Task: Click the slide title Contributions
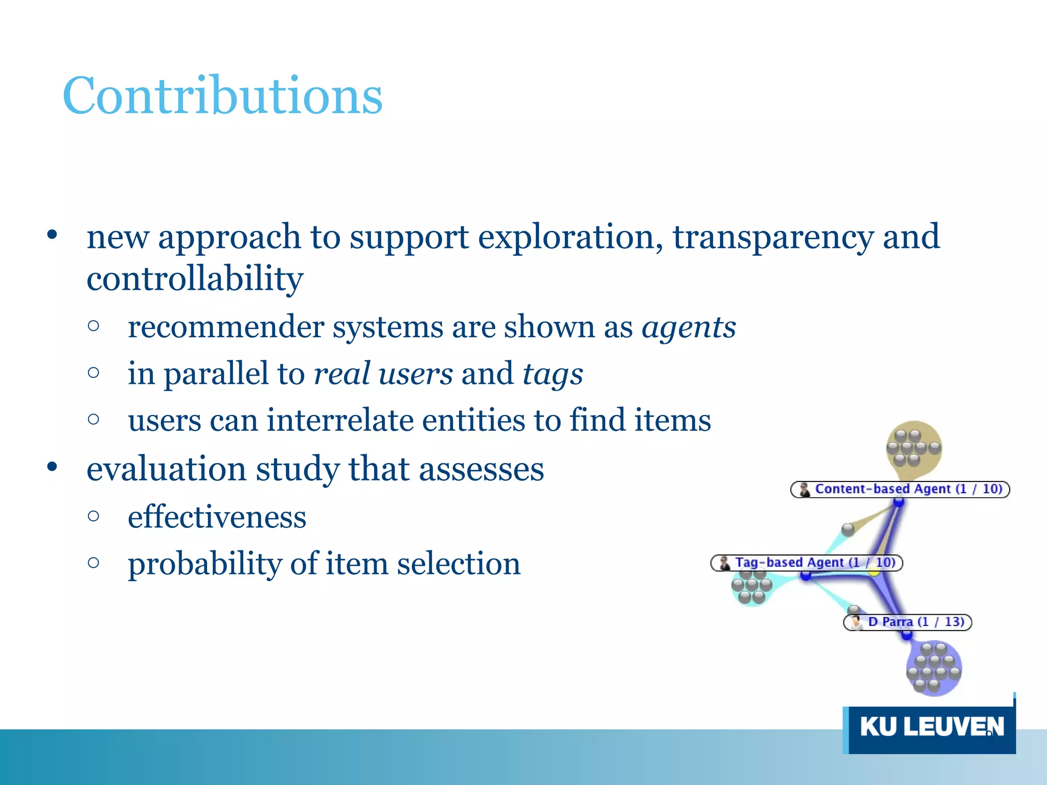tap(222, 96)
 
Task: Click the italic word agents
tap(689, 327)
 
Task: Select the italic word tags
tap(552, 374)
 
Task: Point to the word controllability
tap(195, 279)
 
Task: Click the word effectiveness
tap(217, 517)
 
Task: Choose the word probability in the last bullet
tap(204, 564)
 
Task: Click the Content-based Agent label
tap(900, 489)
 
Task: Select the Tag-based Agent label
tap(806, 563)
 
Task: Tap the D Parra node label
tap(907, 622)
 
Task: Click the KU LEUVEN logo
tap(930, 727)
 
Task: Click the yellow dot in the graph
tap(874, 571)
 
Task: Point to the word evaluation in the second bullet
tap(166, 469)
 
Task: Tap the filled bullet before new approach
tap(52, 236)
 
